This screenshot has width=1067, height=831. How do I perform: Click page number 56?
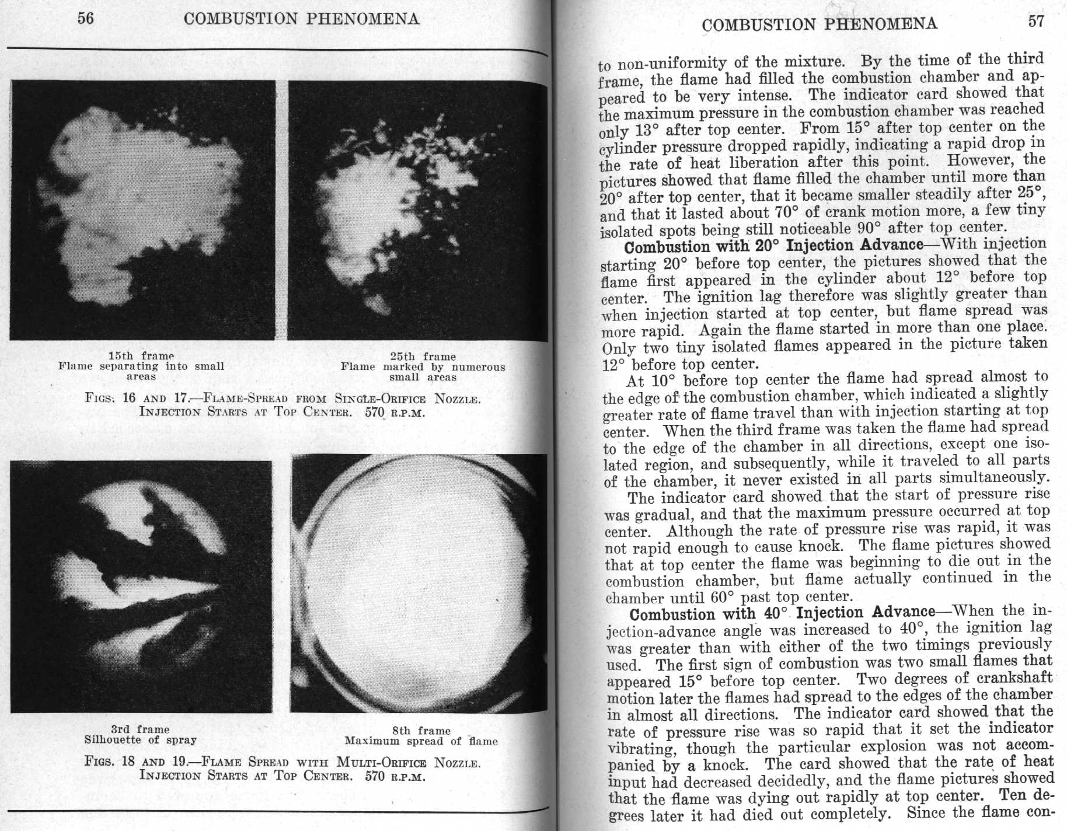click(85, 19)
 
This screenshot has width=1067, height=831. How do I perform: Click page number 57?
click(1035, 22)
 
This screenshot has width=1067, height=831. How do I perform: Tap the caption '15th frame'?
click(141, 355)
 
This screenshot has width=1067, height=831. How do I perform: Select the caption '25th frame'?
click(423, 357)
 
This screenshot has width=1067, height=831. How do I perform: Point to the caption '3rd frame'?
click(140, 729)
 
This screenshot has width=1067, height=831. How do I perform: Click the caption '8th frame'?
click(421, 731)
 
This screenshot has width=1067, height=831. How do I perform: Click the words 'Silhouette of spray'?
click(140, 740)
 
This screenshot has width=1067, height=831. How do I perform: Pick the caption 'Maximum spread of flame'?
click(421, 741)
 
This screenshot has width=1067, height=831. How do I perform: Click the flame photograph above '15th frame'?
click(143, 210)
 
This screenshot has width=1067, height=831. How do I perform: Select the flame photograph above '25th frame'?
click(417, 210)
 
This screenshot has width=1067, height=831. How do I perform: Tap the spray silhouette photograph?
click(141, 586)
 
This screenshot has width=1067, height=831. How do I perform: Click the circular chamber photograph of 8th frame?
click(418, 584)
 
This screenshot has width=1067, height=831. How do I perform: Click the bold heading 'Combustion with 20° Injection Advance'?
click(773, 245)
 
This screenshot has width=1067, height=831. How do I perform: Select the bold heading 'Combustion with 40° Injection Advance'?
click(782, 613)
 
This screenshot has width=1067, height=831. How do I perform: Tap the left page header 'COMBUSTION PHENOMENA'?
click(301, 19)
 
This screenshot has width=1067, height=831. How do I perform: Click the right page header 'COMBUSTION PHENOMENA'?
click(820, 24)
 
